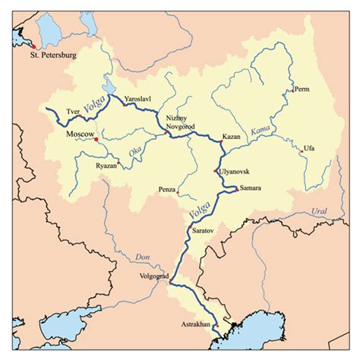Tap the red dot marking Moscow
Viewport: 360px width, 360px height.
96,139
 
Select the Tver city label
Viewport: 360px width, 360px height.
74,110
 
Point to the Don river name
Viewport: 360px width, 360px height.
144,257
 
